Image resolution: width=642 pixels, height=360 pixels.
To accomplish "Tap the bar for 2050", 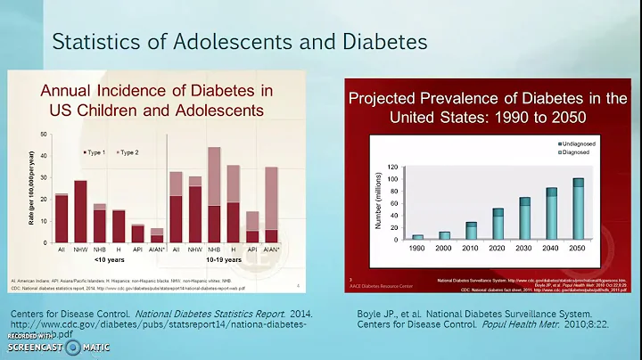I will (x=579, y=208).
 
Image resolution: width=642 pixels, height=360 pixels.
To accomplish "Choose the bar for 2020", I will (x=498, y=223).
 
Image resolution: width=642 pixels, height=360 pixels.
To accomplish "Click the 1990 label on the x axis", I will (x=417, y=248).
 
